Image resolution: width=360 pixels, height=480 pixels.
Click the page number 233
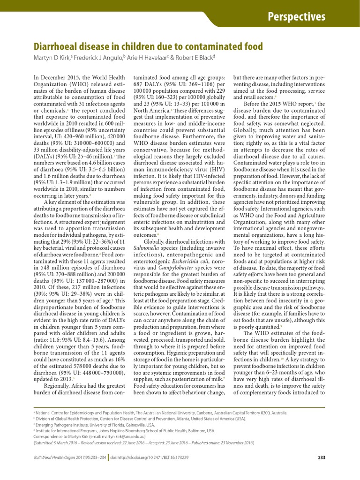tap(322, 458)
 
